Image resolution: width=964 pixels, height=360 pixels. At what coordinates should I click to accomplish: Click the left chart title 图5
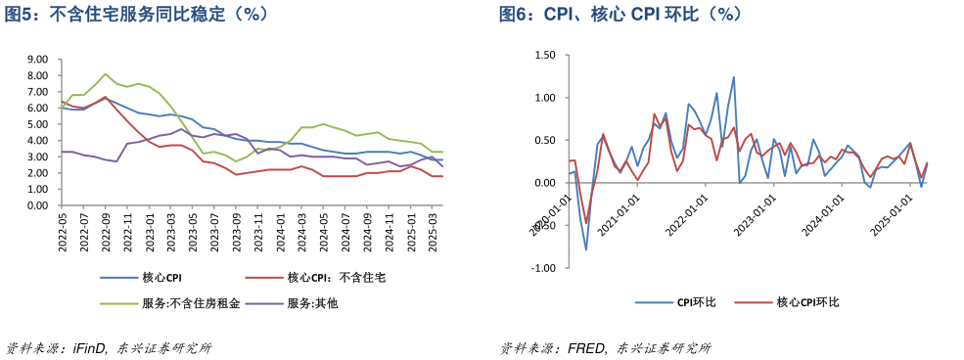coord(137,15)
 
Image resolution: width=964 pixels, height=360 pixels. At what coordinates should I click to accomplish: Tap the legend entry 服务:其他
coord(312,303)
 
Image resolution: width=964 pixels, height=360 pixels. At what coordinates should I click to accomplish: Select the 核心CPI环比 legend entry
coord(806,302)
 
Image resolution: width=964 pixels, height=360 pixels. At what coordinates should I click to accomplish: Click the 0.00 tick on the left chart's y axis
coord(38,205)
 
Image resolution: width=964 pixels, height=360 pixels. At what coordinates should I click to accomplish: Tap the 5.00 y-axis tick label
coord(38,124)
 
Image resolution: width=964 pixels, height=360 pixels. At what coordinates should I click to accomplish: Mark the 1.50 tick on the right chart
coord(544,56)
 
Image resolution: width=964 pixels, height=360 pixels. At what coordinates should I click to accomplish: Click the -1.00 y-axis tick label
coord(542,267)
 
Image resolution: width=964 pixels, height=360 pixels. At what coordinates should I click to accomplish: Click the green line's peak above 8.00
coord(106,74)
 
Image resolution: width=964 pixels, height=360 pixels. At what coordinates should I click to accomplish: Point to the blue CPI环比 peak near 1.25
coord(734,77)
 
